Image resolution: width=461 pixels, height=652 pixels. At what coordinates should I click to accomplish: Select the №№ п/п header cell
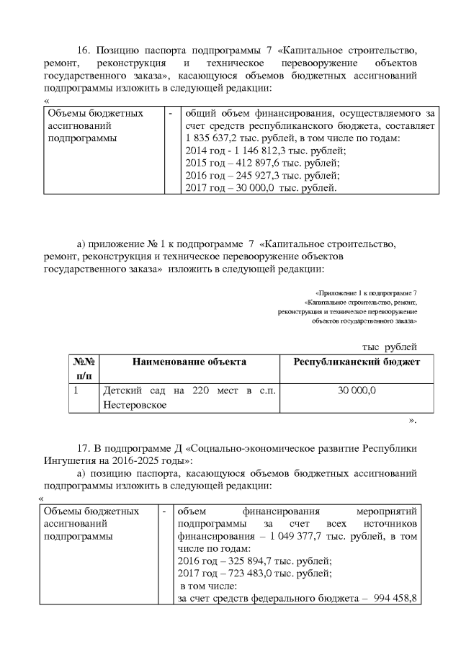83,368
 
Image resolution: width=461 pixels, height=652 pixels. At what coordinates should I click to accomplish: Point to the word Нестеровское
135,405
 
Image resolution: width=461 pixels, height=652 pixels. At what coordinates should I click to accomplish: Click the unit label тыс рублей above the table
390,347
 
